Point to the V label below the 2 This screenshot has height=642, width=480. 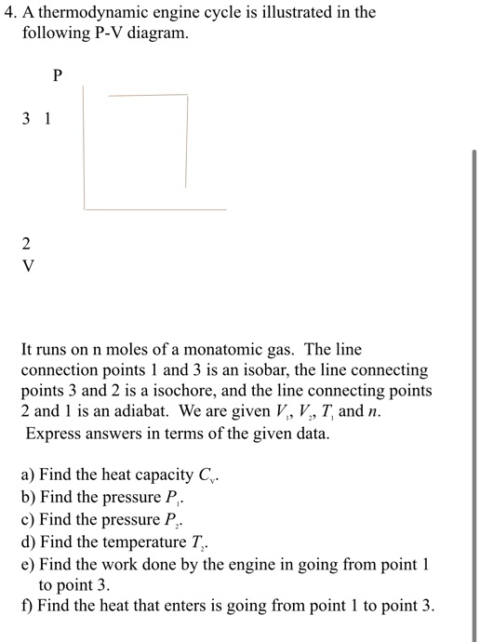[x=26, y=265]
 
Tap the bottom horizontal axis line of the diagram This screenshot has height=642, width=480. [x=155, y=208]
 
